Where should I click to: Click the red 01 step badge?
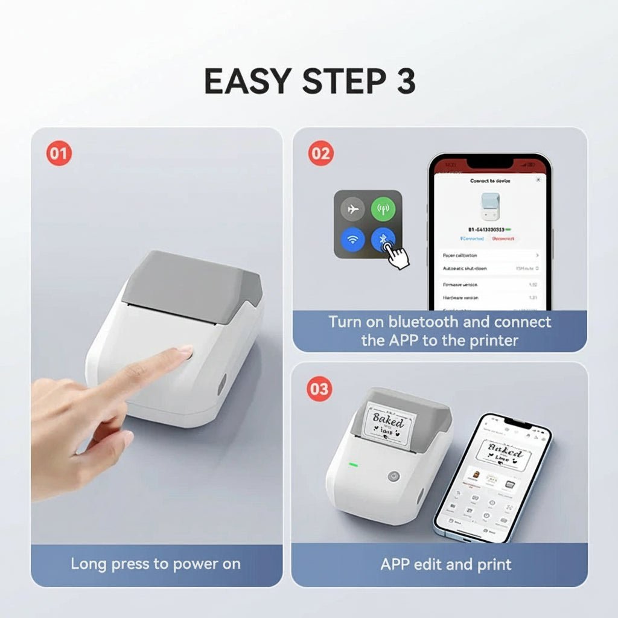click(x=59, y=154)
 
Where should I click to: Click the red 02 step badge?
click(x=320, y=154)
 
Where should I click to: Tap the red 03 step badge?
click(x=319, y=389)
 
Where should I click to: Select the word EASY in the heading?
click(x=249, y=81)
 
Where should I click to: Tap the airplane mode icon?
click(x=352, y=209)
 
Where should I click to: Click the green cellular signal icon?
click(x=383, y=209)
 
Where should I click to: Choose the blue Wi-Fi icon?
click(x=352, y=240)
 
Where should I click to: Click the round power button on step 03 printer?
click(x=393, y=476)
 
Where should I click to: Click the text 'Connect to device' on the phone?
click(x=489, y=180)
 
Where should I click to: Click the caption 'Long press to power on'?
click(x=156, y=564)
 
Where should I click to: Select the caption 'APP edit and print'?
click(x=446, y=564)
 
